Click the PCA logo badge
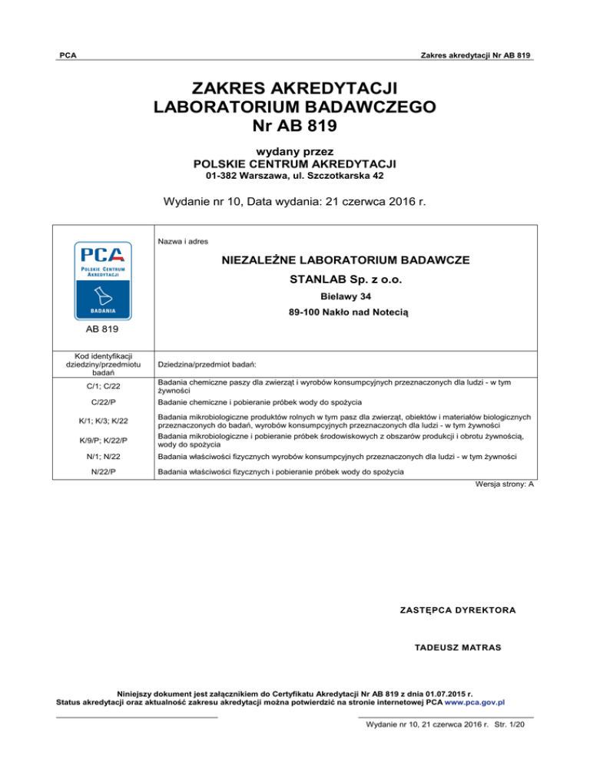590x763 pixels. pyautogui.click(x=103, y=280)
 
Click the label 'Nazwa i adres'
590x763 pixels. pyautogui.click(x=178, y=240)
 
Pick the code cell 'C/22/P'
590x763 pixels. pyautogui.click(x=103, y=402)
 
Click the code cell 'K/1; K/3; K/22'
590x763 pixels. pyautogui.click(x=103, y=421)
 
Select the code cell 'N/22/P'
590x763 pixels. pyautogui.click(x=103, y=473)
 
